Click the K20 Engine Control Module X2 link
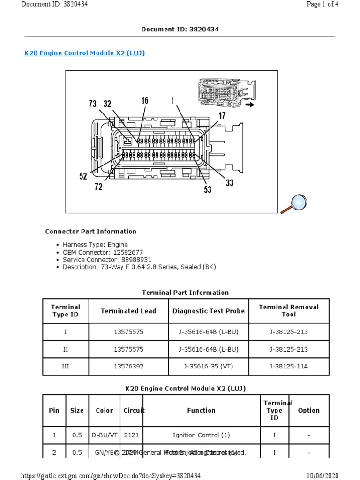[84, 53]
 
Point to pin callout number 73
[92, 104]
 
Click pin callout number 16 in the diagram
[145, 101]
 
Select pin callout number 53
[208, 189]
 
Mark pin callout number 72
[98, 187]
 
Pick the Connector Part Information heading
[90, 232]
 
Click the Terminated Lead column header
[128, 311]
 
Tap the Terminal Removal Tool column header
[288, 310]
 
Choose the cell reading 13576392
[128, 367]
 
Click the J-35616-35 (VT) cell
[209, 367]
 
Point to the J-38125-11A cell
[289, 367]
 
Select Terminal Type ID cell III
[66, 367]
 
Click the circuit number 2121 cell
[131, 435]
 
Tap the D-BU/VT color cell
[104, 435]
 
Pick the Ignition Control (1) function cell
[202, 435]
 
